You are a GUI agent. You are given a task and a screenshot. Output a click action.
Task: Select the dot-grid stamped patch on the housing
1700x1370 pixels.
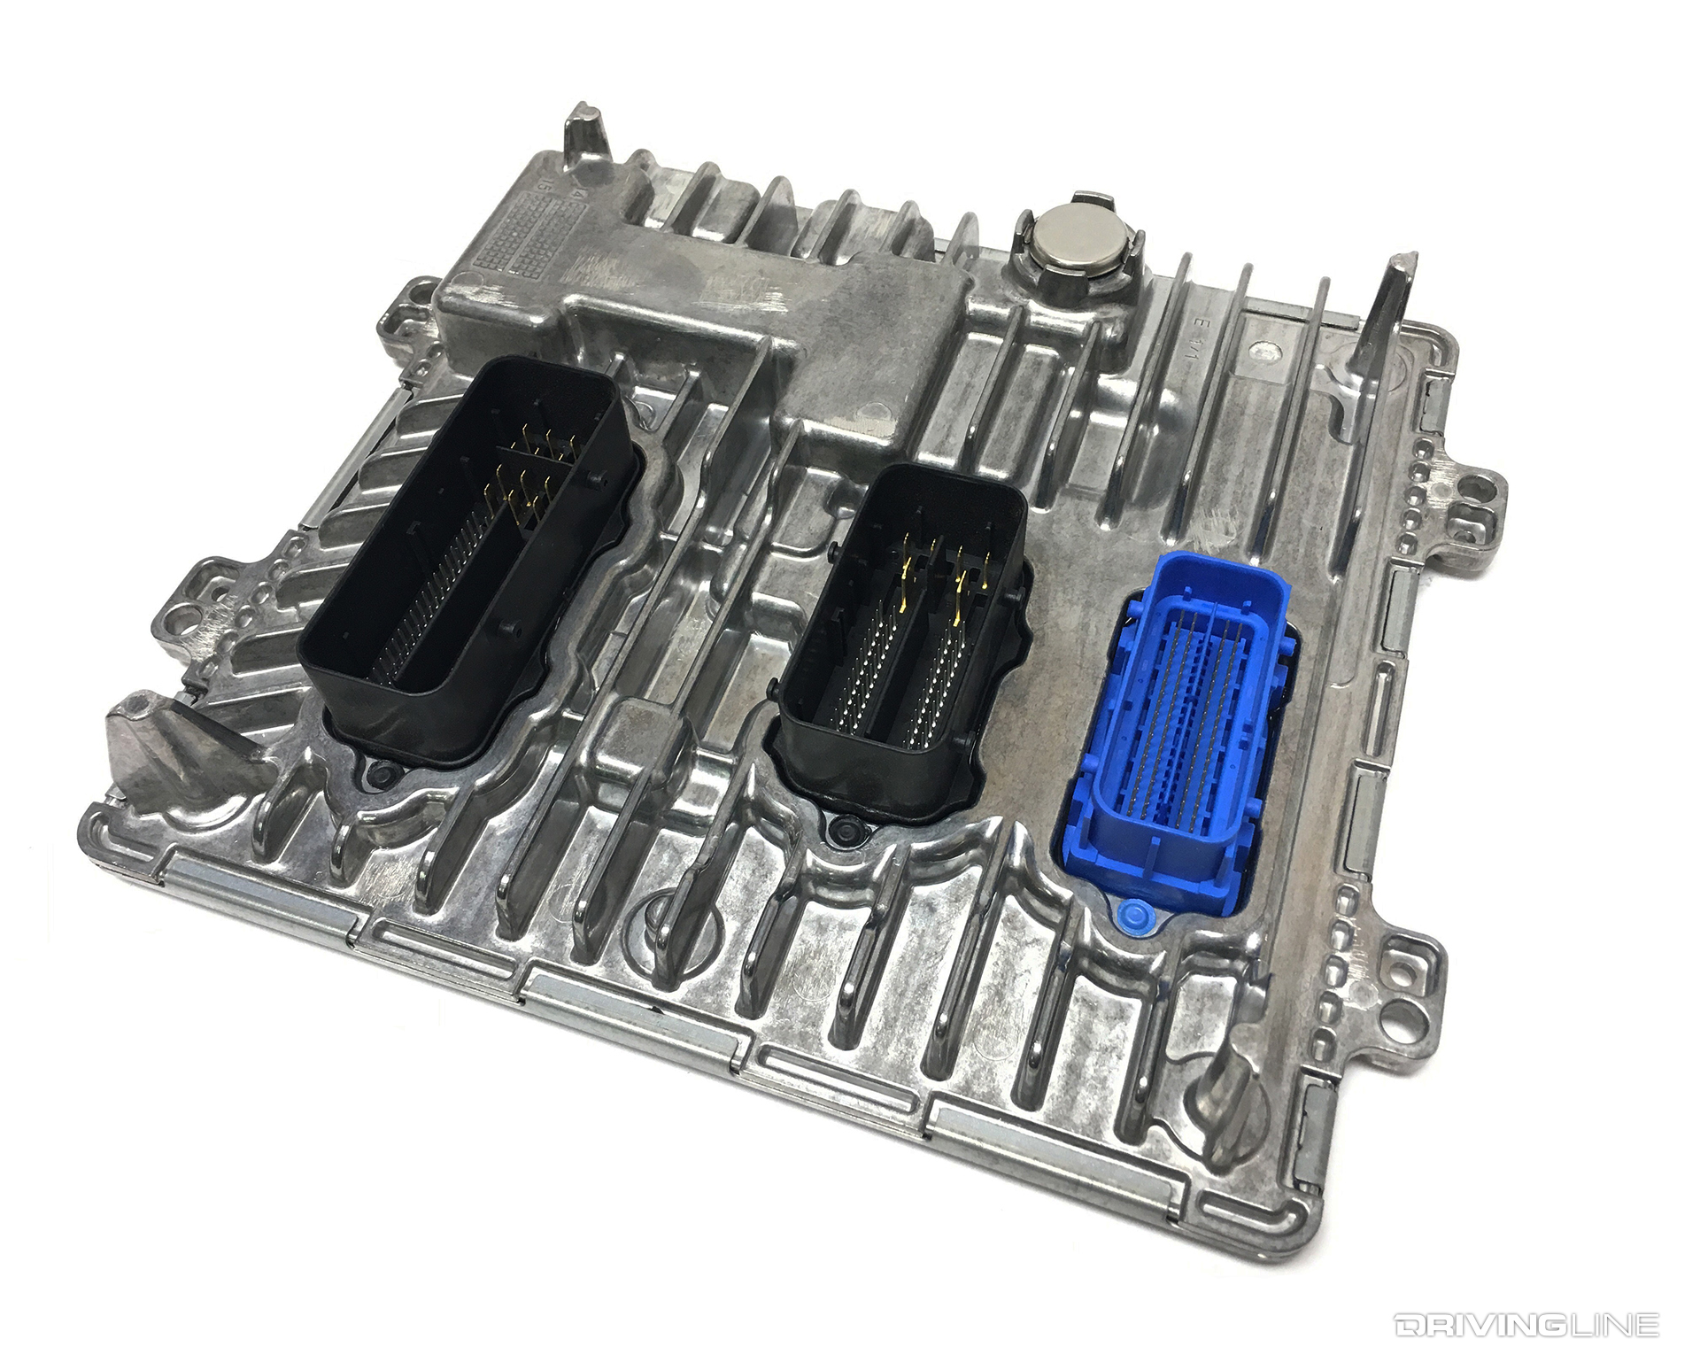(x=522, y=222)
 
